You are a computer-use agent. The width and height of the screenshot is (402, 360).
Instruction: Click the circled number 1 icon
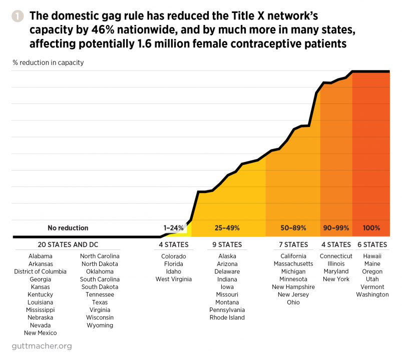coord(17,16)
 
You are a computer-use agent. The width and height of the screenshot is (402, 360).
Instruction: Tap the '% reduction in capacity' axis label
coord(48,62)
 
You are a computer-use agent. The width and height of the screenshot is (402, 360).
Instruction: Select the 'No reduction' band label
coord(68,228)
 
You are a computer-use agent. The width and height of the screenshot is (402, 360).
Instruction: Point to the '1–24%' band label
coord(174,228)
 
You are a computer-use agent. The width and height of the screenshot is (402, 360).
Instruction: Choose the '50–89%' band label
coord(293,228)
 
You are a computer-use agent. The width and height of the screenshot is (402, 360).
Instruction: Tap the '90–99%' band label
coord(336,228)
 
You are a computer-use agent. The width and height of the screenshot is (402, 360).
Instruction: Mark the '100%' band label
coord(371,228)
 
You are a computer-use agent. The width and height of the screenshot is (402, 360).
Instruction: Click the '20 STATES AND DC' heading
coord(68,244)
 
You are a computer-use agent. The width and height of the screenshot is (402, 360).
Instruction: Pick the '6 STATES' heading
coord(372,244)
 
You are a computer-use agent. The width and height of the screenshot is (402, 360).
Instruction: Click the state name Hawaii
coord(372,256)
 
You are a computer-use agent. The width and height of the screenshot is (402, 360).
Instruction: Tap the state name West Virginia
coord(174,279)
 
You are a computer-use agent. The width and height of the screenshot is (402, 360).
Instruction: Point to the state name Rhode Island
coord(227,317)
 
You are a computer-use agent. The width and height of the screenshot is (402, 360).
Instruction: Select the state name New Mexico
coord(41,333)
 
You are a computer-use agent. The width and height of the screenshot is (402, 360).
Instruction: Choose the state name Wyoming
coord(100,325)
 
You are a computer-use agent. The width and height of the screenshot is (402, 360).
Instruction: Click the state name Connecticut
coord(336,256)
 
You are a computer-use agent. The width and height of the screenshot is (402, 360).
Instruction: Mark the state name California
coord(293,256)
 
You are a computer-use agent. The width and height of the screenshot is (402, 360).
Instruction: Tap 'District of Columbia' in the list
coord(41,271)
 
